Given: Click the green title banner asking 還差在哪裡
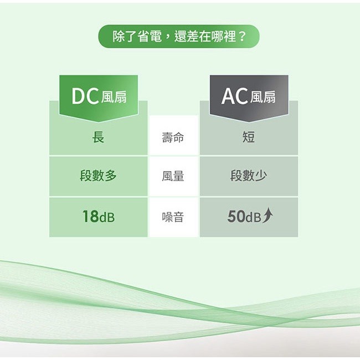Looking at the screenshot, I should pos(179,37).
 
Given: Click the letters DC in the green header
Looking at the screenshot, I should pos(85,97).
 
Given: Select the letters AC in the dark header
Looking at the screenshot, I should pos(234,97).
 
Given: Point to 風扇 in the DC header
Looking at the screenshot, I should pos(114,98).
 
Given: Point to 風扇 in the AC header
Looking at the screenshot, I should pos(263,98).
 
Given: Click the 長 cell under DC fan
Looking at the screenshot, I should pos(98,137).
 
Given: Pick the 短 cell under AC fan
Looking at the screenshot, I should pos(249,137).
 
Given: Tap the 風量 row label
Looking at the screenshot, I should pos(173,177).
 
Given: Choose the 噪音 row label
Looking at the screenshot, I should pos(173,217).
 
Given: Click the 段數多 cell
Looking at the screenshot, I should pos(98,176).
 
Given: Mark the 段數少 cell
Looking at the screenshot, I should pos(249,176).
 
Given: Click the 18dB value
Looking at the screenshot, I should pos(98,217).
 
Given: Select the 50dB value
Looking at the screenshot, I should pos(244,217).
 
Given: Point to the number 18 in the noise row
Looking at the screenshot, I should pos(90,217).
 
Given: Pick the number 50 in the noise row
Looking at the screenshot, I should pos(236,217).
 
